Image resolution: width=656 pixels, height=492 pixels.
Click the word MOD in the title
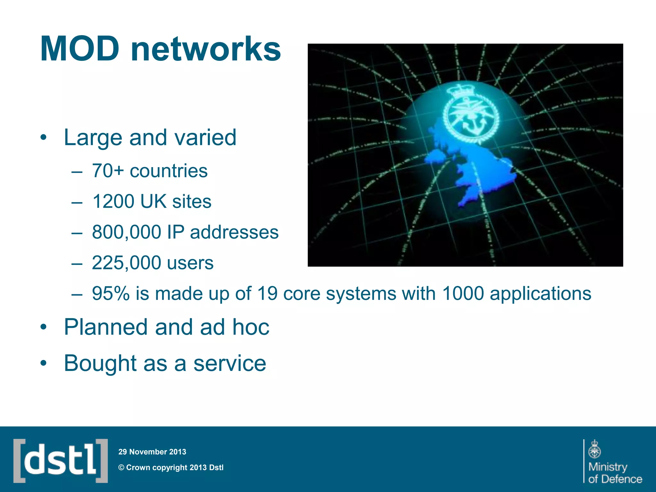click(x=80, y=49)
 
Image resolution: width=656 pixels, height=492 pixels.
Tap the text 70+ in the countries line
click(x=108, y=171)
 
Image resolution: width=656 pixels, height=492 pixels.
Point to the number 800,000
click(x=127, y=232)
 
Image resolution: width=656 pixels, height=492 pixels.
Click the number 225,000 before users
click(x=127, y=263)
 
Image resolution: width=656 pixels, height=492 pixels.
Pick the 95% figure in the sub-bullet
click(x=111, y=293)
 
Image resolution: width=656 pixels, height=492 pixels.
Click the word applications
click(x=540, y=293)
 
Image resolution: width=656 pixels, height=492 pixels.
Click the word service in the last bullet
click(x=230, y=364)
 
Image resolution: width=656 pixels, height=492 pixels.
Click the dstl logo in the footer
click(x=61, y=461)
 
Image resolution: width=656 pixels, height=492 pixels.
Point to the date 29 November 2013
click(x=152, y=452)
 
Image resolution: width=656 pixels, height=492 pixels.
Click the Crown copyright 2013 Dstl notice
click(x=171, y=468)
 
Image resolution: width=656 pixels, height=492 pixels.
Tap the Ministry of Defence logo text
click(x=614, y=473)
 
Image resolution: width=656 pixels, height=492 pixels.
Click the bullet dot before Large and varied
click(x=44, y=138)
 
